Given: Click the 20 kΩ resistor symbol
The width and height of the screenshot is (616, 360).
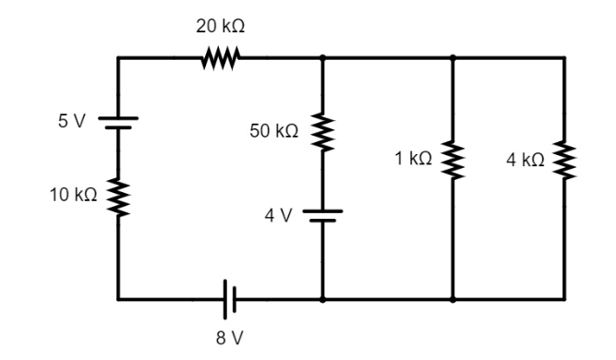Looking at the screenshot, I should (x=221, y=58).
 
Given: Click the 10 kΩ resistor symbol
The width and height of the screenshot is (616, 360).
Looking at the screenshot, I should (x=118, y=196).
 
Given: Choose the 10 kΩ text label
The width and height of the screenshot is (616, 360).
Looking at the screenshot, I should (x=71, y=196).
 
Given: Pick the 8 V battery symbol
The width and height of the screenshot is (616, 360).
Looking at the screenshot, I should (x=230, y=299).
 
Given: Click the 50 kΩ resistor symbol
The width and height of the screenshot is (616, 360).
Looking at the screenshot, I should (x=322, y=132).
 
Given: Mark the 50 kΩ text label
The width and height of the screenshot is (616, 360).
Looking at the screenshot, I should (x=274, y=132).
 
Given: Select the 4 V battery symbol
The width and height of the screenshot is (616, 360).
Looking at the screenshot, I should (x=322, y=216).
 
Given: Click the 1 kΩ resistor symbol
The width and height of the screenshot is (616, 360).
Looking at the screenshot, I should (x=453, y=160).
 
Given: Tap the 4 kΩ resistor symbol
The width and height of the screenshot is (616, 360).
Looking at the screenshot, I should (x=564, y=160).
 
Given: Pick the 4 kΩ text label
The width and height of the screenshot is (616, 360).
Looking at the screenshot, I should (x=525, y=160).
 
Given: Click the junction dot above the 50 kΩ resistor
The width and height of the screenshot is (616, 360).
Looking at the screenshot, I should (x=322, y=58).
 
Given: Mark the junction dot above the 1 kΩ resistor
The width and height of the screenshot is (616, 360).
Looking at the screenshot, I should (x=453, y=58).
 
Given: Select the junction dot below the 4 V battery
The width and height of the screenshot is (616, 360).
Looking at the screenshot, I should (x=322, y=299).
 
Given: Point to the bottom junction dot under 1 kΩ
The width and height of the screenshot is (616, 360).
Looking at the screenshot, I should (x=453, y=299).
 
